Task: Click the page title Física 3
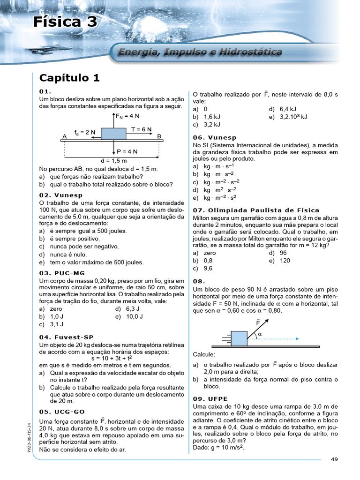(65, 22)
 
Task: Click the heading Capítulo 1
(69, 78)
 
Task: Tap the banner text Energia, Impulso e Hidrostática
(200, 52)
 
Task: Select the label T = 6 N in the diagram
(142, 129)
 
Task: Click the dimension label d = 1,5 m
(113, 160)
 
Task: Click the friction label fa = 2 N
(85, 132)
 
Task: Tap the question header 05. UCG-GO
(62, 411)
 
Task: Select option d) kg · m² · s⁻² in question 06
(216, 190)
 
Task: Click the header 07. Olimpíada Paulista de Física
(256, 210)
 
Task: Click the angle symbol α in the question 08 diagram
(260, 334)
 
